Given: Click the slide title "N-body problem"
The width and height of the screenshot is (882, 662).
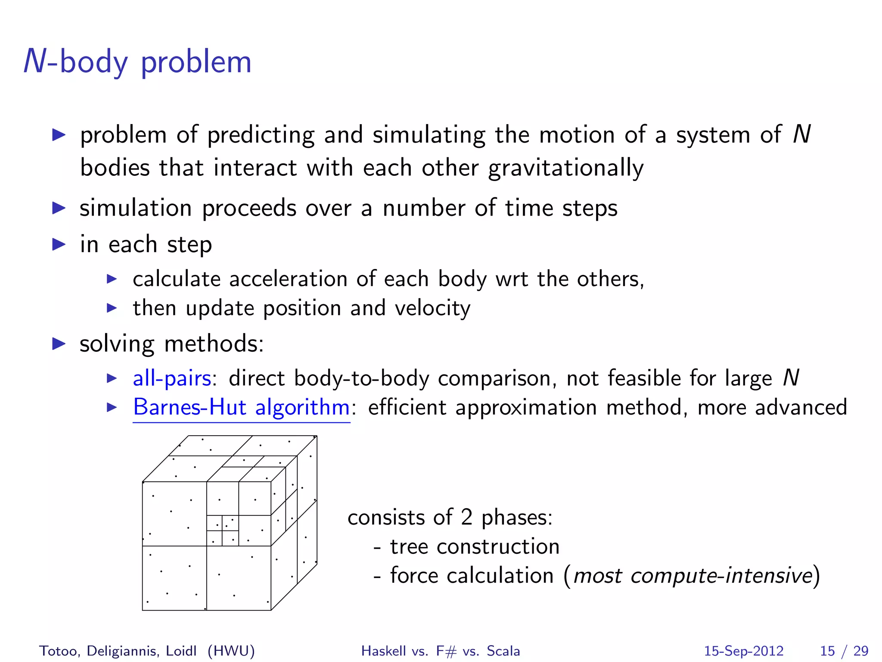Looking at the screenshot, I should coord(137,62).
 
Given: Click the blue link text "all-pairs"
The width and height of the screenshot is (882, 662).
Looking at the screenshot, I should coord(172,378).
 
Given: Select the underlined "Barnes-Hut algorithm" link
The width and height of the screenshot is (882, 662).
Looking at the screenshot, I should coord(241,407).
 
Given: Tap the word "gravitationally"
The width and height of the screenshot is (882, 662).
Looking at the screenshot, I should coord(566,168).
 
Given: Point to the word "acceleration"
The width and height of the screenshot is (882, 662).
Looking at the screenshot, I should coord(288,279).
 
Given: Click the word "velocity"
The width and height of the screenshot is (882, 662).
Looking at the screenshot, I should coord(432,308).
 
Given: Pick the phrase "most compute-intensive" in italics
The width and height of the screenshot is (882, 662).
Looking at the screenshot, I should coord(693,576).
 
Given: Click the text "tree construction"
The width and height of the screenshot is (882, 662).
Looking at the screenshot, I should coord(475,546).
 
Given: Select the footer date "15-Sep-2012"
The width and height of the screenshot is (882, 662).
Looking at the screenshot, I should coord(743,651).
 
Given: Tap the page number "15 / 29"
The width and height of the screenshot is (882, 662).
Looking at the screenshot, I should coord(844,651).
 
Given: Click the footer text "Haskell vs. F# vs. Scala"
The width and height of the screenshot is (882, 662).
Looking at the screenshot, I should coord(441,651).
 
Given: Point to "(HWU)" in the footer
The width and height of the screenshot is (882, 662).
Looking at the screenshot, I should coord(231,651).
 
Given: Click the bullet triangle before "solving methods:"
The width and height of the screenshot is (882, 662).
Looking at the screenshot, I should coord(59,344).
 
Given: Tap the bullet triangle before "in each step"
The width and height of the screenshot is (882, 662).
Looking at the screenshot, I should coord(59,244).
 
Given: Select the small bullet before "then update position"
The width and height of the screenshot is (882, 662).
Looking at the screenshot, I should coord(112,308).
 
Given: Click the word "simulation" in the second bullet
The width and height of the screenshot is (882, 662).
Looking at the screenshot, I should coord(136,208).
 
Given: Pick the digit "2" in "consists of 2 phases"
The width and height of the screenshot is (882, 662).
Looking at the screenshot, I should coord(467,517).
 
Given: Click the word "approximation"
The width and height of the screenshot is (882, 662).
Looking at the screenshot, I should coord(526,407).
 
